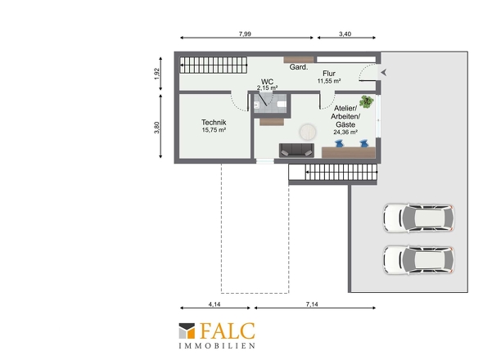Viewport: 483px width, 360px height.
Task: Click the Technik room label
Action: coord(214,122)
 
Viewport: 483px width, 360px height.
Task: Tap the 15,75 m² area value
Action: coord(214,130)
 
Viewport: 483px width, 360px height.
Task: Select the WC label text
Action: coord(267,82)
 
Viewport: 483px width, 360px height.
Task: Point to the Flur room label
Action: coord(329,74)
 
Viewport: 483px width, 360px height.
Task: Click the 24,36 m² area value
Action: coord(345,132)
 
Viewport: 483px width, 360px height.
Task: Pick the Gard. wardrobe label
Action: coord(299,67)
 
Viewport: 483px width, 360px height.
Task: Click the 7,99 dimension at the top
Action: coord(245,34)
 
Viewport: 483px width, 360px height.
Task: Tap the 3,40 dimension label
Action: coord(345,34)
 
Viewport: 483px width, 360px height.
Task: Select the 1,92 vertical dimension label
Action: coord(157,74)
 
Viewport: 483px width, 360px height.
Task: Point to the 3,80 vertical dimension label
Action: coord(157,128)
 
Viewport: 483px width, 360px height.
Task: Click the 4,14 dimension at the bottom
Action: coord(214,304)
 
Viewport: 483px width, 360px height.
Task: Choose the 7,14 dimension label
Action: coord(312,304)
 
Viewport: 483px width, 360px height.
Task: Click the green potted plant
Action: coord(366,101)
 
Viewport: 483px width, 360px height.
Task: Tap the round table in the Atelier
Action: coord(308,132)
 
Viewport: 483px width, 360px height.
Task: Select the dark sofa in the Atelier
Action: coord(296,151)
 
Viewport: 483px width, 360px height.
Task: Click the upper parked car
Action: coord(418,218)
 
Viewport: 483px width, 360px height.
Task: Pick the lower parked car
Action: coord(418,260)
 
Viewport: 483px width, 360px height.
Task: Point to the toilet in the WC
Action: coord(282,105)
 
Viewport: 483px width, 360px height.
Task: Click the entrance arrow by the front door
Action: coord(384,73)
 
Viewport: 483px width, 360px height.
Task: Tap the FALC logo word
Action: coord(228,331)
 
